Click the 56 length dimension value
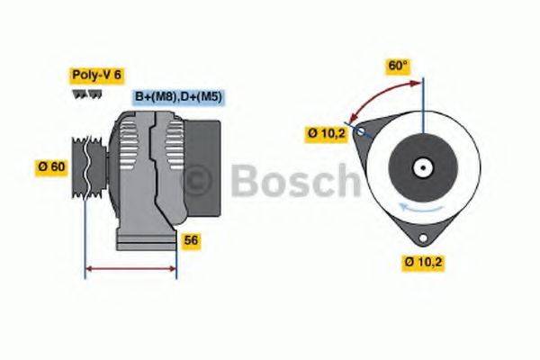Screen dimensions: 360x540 click(x=191, y=240)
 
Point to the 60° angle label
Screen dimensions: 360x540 click(x=397, y=66)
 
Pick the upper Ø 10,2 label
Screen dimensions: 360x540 click(x=326, y=134)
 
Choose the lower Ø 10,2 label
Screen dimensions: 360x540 click(x=424, y=262)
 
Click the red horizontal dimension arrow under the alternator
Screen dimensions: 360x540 click(x=130, y=268)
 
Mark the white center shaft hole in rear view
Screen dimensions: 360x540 click(x=420, y=167)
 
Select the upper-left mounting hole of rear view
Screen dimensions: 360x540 click(x=362, y=131)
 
